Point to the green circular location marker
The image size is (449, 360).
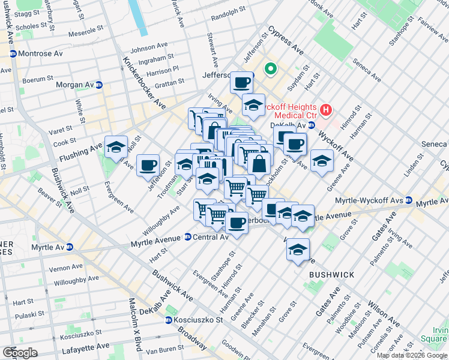click(271, 70)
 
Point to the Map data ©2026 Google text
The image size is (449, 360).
click(412, 355)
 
